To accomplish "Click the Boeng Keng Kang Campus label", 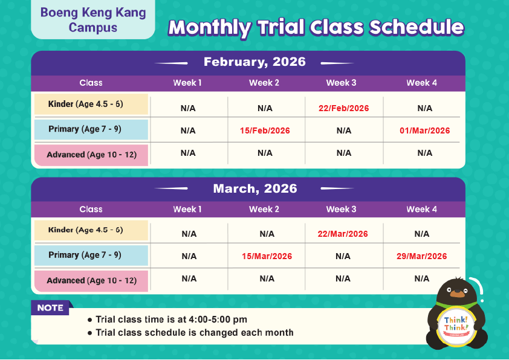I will click(x=93, y=20).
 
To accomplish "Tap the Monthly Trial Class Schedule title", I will click(x=316, y=28).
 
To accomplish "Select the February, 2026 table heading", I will click(x=254, y=62).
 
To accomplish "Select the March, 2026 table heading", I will click(x=254, y=188).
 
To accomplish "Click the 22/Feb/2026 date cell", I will click(x=343, y=108).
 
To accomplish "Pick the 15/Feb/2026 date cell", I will click(x=265, y=130).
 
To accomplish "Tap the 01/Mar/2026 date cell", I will click(x=424, y=130).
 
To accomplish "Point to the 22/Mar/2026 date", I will click(x=343, y=234).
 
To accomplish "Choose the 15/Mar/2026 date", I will click(x=267, y=256).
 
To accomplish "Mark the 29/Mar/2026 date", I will click(x=422, y=256).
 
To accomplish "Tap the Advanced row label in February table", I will click(x=91, y=155).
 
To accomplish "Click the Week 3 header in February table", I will click(x=341, y=83).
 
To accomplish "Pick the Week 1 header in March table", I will click(x=187, y=209).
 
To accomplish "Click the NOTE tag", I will click(x=51, y=308).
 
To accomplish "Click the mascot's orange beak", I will click(x=458, y=294).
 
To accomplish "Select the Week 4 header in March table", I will click(x=421, y=209).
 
